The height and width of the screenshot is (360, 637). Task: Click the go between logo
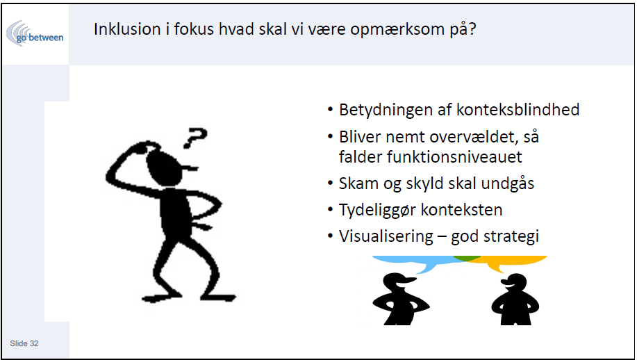point(35,34)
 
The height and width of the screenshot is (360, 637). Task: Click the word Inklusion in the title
point(127,29)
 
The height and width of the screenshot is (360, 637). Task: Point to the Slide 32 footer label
point(24,343)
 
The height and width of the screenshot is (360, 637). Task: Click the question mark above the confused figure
point(195,138)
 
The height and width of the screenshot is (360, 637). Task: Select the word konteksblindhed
point(518,110)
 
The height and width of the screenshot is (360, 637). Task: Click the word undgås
point(507,183)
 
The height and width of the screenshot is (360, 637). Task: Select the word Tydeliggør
point(377,210)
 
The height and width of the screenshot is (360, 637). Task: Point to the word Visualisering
point(386,236)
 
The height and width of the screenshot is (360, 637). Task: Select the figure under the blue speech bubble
point(399,299)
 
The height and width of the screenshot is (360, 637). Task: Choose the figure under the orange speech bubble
point(515,300)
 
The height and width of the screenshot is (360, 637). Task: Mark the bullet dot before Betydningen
point(330,110)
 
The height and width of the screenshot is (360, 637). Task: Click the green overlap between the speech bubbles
point(468,258)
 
